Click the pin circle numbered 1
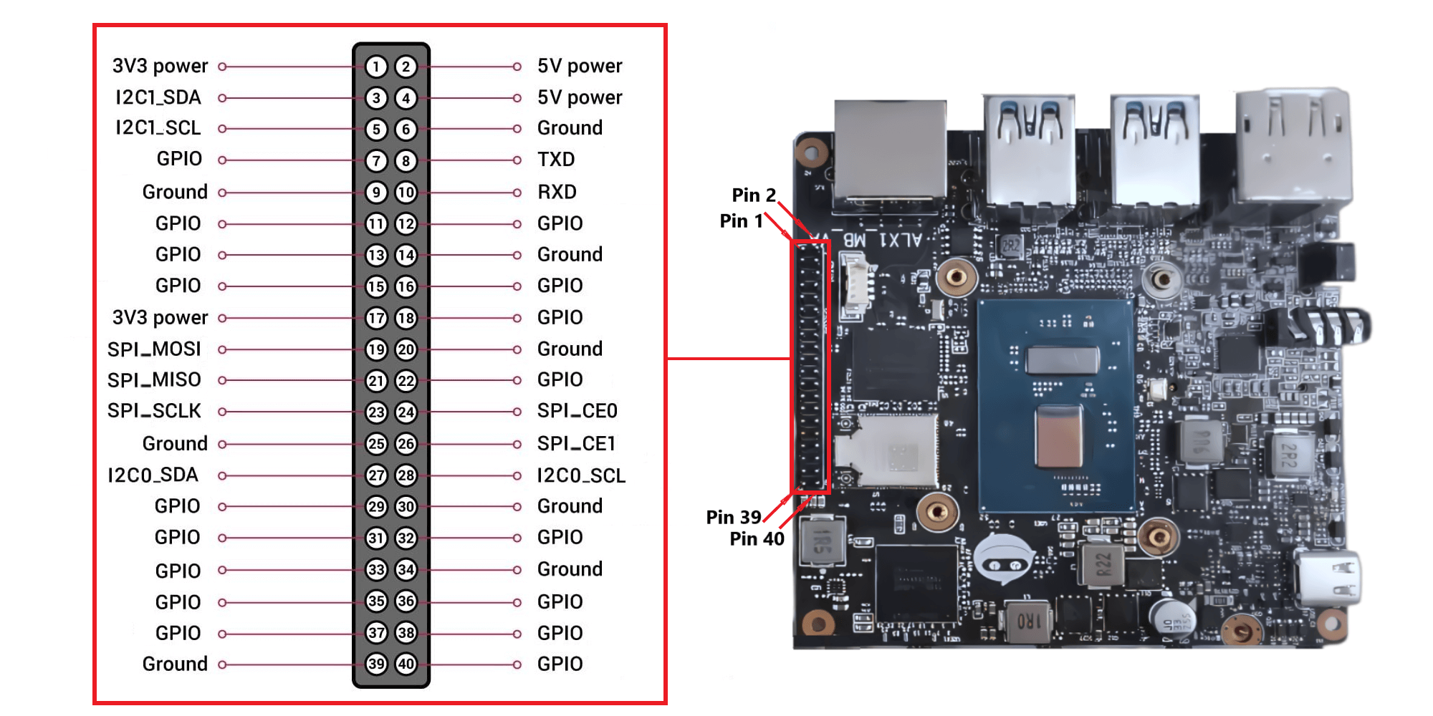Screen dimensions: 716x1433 click(376, 67)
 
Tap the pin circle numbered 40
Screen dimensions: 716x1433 click(406, 664)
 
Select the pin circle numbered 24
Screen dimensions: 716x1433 click(406, 412)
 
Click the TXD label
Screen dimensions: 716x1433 click(556, 159)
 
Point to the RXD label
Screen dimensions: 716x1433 click(557, 192)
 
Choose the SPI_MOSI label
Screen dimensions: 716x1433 click(154, 349)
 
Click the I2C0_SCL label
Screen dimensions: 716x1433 click(581, 475)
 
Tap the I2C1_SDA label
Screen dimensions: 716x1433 click(158, 97)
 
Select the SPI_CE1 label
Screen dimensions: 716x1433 click(576, 444)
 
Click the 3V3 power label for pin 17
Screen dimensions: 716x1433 click(160, 317)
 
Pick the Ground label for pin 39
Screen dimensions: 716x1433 click(175, 664)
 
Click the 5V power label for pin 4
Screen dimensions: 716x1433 click(580, 97)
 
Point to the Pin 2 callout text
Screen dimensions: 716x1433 click(753, 195)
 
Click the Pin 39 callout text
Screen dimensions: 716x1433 click(733, 517)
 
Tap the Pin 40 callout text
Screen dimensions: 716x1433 click(757, 538)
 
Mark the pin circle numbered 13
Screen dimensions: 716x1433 click(376, 255)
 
